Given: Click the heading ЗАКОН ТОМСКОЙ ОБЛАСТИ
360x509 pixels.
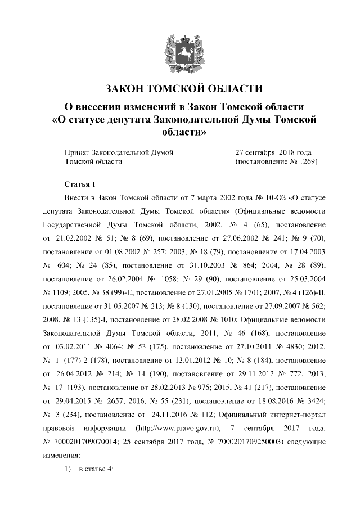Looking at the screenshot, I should point(184,89).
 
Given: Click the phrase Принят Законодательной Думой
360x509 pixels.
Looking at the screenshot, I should point(119,152).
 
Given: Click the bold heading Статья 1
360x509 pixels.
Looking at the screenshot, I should point(81,184).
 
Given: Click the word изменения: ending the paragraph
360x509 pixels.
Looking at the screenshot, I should point(62,458).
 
